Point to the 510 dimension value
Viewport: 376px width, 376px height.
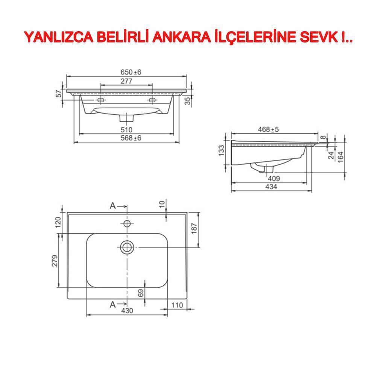pyautogui.click(x=126, y=130)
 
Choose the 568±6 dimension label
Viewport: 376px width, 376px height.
pyautogui.click(x=131, y=138)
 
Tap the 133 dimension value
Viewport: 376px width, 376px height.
pyautogui.click(x=221, y=151)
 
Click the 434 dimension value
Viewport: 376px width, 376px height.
pyautogui.click(x=271, y=186)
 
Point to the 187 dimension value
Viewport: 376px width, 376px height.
pyautogui.click(x=194, y=228)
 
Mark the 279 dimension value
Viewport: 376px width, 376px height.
pyautogui.click(x=54, y=261)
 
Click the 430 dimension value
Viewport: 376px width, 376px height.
pyautogui.click(x=127, y=311)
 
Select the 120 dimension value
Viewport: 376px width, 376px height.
pyautogui.click(x=58, y=223)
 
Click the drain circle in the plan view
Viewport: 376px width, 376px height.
pyautogui.click(x=127, y=247)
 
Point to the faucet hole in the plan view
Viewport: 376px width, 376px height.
pyautogui.click(x=127, y=224)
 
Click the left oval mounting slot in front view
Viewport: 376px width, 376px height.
pyautogui.click(x=101, y=100)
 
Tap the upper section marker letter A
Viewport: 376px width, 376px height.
pyautogui.click(x=112, y=206)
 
